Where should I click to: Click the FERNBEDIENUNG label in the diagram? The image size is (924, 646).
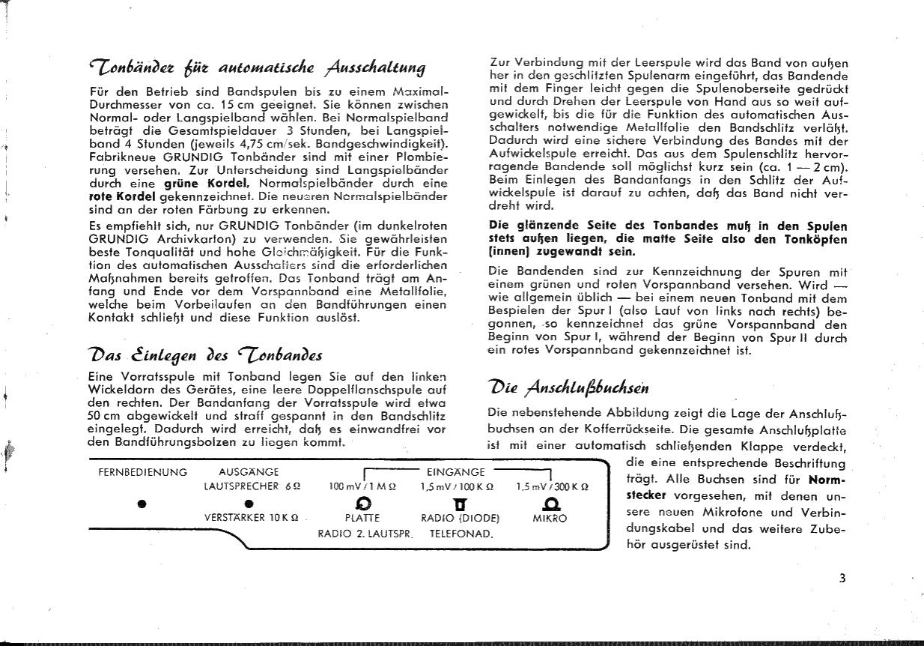[x=142, y=472]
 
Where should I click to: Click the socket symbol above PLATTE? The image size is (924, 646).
[x=362, y=502]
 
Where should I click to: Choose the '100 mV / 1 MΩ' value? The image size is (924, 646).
[x=362, y=486]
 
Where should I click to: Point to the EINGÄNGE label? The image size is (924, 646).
[x=455, y=472]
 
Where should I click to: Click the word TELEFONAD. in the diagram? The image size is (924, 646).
[x=461, y=534]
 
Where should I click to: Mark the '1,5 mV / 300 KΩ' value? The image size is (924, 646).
[x=553, y=486]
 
